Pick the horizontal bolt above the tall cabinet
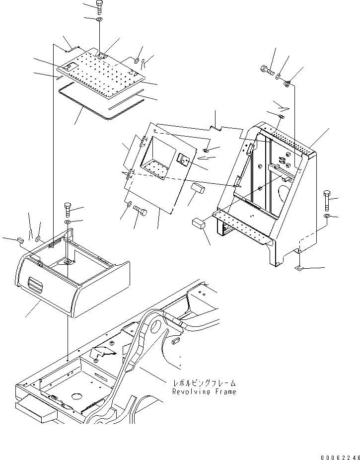pos(267,70)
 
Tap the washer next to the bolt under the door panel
pos(129,204)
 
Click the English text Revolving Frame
pos(204,392)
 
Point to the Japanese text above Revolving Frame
pos(204,383)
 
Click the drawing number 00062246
pos(339,453)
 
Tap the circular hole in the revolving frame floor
pos(76,396)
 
